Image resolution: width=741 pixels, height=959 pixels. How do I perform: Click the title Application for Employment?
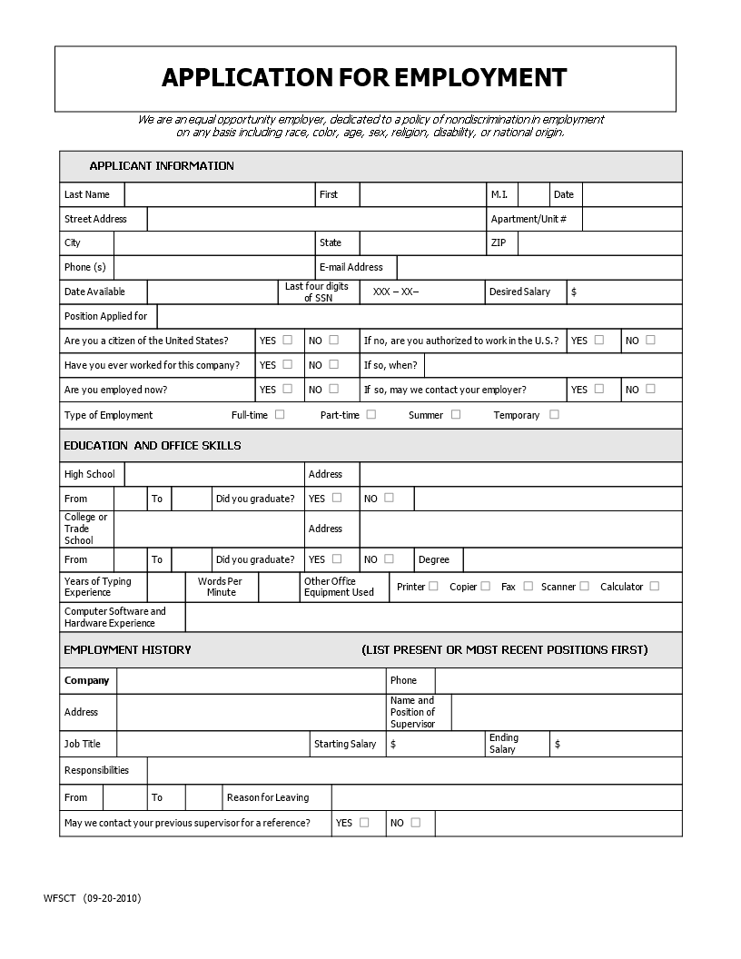364,78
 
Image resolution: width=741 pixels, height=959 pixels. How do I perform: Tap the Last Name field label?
86,194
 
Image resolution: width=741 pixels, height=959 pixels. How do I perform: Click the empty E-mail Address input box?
538,267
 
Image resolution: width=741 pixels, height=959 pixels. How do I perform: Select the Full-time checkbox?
280,414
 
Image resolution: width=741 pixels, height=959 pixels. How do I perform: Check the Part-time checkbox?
371,414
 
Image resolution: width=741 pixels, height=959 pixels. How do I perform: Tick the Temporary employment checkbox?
554,414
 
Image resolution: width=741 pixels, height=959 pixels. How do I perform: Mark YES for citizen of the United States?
288,340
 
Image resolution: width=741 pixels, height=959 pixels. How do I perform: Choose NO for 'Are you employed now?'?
333,389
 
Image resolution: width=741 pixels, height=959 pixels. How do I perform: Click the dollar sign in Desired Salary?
574,292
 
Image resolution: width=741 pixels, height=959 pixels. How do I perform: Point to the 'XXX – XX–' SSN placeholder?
396,292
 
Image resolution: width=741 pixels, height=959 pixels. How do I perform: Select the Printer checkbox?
433,586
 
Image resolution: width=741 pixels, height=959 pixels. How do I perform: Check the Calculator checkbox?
654,586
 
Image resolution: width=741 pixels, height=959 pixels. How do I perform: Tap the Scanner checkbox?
584,586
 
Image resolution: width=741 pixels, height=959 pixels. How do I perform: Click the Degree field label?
434,559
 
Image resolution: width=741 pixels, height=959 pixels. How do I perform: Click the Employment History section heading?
127,649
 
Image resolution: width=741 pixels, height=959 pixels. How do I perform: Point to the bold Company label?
86,680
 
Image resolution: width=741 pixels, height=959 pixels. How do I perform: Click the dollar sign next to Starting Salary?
392,744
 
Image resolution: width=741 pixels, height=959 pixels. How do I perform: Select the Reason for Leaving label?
268,797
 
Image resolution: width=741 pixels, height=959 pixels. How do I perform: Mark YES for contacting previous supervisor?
364,822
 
